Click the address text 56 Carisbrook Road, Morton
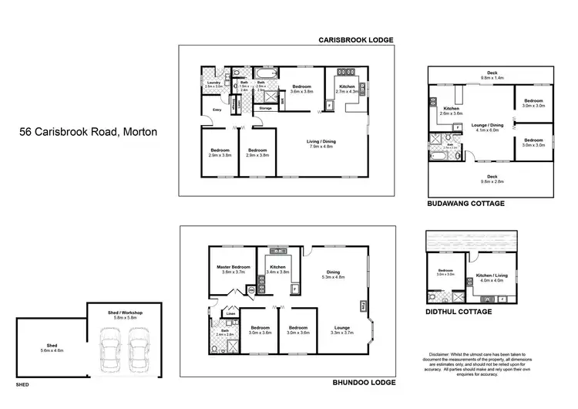[89, 132]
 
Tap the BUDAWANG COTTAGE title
[465, 204]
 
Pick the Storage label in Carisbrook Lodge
[265, 108]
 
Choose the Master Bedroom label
[232, 269]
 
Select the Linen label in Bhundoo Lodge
[230, 313]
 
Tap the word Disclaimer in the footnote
[436, 354]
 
